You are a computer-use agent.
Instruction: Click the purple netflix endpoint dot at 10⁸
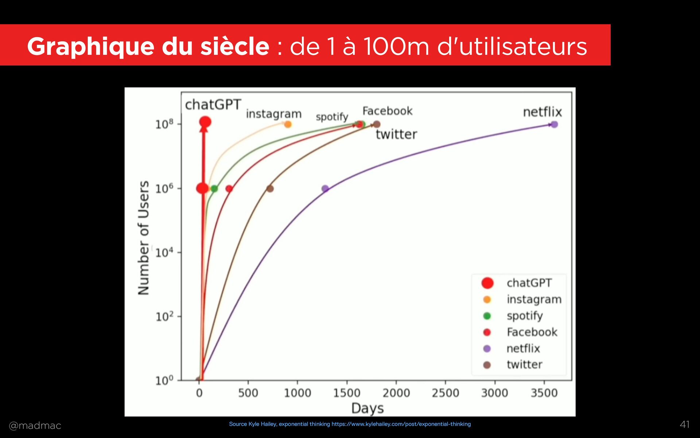click(554, 124)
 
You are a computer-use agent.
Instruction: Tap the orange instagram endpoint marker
click(288, 124)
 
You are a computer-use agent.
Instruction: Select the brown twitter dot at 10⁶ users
click(270, 189)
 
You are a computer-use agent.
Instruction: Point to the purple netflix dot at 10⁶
click(325, 189)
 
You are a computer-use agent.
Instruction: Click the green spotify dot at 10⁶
click(214, 189)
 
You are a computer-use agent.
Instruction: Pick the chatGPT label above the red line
click(213, 105)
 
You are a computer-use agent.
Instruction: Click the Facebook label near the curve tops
click(387, 111)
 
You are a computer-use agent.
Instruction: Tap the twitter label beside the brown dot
click(396, 134)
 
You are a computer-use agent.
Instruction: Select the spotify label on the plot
click(332, 117)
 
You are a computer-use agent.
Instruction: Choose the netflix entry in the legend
click(523, 349)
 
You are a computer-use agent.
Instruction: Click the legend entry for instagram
click(534, 299)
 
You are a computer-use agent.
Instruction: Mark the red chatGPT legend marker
click(487, 283)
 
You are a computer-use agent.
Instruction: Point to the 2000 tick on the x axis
click(396, 393)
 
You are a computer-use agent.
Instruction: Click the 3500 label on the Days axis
click(544, 393)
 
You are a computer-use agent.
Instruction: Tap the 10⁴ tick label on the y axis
click(164, 252)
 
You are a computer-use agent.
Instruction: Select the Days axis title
click(367, 408)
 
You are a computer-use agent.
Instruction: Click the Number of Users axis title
click(144, 238)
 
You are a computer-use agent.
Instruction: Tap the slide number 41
click(685, 424)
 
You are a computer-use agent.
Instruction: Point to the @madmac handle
click(35, 426)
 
